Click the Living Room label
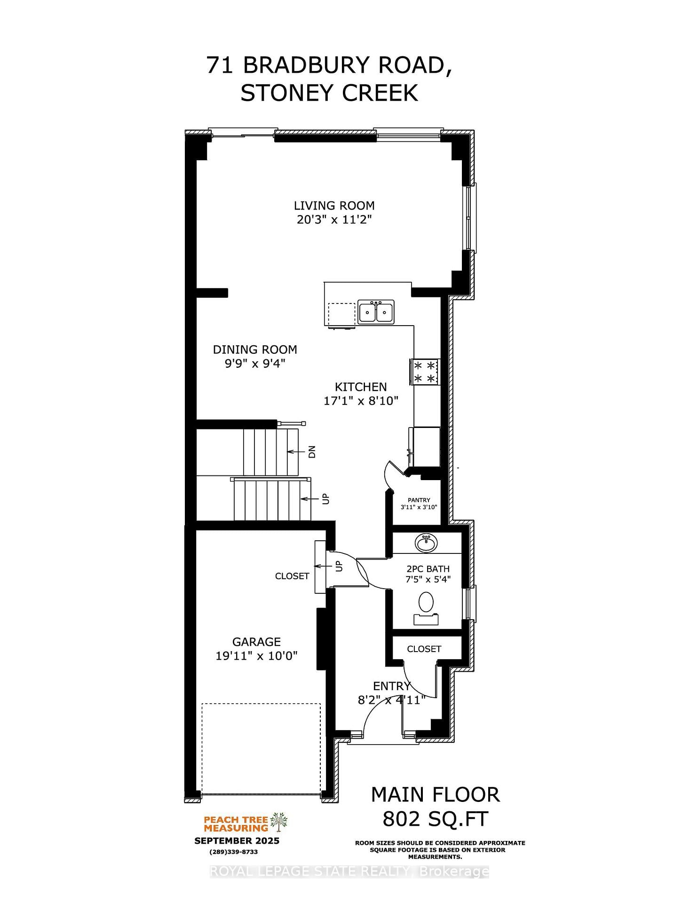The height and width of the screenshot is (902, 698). click(334, 206)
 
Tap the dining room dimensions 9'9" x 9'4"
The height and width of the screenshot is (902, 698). click(255, 364)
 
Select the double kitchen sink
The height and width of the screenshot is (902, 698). click(376, 312)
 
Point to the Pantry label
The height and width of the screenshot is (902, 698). click(419, 500)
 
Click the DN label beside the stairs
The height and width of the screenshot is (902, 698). click(312, 452)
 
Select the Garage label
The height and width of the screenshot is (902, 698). click(256, 642)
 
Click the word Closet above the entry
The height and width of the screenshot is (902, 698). click(424, 649)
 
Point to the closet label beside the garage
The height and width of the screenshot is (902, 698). click(292, 576)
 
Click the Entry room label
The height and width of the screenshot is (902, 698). click(391, 686)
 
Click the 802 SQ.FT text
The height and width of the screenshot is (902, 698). click(435, 819)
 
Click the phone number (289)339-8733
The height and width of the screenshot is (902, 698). click(233, 852)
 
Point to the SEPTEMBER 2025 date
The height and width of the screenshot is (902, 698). click(237, 841)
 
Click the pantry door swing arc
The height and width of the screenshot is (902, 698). click(389, 472)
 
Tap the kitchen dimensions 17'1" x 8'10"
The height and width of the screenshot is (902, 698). click(361, 401)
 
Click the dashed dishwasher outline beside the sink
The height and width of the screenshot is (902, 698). click(341, 314)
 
